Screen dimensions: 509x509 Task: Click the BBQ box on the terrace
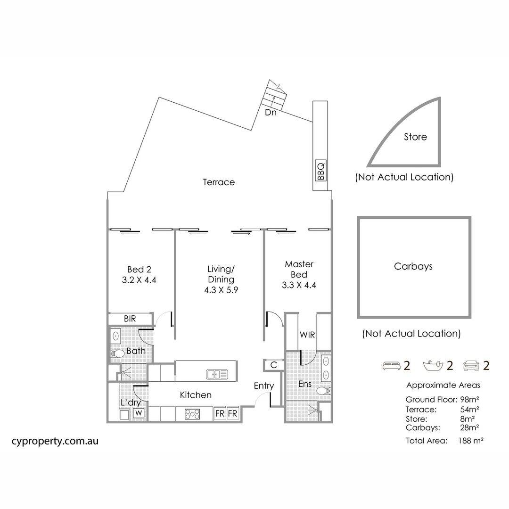(320, 171)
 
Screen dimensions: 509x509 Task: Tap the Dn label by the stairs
(271, 113)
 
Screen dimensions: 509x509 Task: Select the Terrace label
(219, 182)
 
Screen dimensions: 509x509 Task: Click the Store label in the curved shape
(415, 137)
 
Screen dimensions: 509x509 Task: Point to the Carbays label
(413, 266)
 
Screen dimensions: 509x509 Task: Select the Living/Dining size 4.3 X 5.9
(221, 290)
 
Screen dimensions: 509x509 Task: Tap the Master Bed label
(299, 269)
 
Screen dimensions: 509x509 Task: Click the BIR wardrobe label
(130, 319)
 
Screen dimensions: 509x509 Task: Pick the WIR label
(307, 335)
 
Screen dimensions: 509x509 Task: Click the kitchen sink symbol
(217, 374)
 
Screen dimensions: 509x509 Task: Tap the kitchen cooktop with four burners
(192, 414)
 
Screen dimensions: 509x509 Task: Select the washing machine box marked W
(139, 413)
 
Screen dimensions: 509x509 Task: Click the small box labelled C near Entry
(274, 365)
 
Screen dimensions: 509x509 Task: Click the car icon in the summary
(472, 365)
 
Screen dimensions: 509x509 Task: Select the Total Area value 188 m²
(471, 441)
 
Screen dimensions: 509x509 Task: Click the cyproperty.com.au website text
(55, 442)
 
